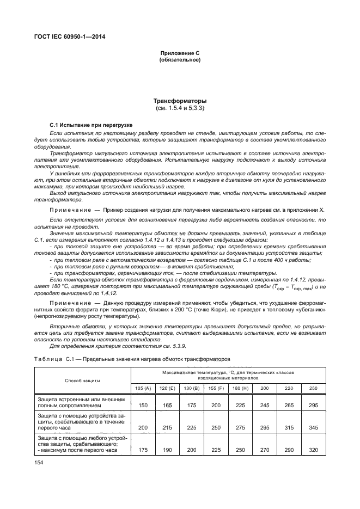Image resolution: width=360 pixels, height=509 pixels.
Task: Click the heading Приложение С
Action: click(x=180, y=53)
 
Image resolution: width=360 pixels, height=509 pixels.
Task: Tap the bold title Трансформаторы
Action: click(x=180, y=101)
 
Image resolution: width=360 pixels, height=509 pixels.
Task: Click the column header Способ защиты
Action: click(x=82, y=380)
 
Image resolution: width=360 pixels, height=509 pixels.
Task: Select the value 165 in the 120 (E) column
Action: click(x=168, y=406)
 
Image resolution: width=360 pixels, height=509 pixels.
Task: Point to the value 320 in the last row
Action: click(x=314, y=451)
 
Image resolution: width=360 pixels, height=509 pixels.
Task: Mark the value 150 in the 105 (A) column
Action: click(x=143, y=406)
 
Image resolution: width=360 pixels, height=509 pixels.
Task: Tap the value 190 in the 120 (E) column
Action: click(x=168, y=451)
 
